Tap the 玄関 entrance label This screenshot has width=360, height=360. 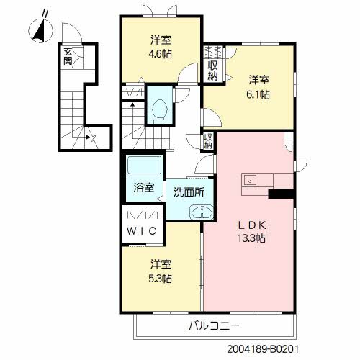[x=67, y=56]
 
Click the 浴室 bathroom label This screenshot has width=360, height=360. [x=144, y=189]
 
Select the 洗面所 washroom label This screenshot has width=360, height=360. [x=188, y=193]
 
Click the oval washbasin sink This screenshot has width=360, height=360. [x=202, y=212]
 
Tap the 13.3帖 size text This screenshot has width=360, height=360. [x=252, y=238]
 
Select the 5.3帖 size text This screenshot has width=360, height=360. [x=161, y=278]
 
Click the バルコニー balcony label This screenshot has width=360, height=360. [x=214, y=325]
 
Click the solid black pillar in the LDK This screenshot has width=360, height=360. [x=281, y=193]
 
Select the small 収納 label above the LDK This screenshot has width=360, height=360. [x=207, y=140]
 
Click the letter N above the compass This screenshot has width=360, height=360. [x=45, y=13]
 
